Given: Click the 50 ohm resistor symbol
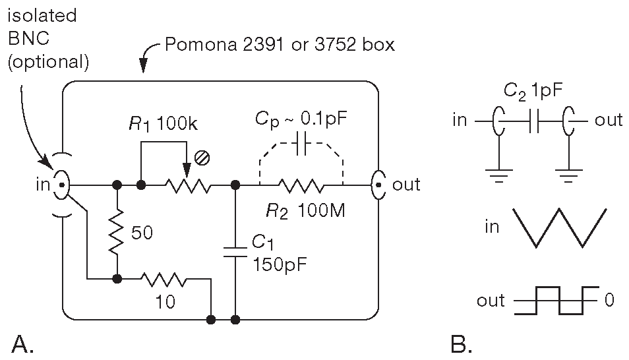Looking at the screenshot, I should click(117, 232).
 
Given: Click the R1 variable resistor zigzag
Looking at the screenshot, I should click(188, 187).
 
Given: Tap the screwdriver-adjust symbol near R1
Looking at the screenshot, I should click(204, 158).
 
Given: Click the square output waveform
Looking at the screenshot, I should click(559, 301).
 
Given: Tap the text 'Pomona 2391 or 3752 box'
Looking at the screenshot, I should click(280, 45).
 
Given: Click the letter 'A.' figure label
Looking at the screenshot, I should click(22, 344).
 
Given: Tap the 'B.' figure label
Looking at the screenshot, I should click(462, 344).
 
